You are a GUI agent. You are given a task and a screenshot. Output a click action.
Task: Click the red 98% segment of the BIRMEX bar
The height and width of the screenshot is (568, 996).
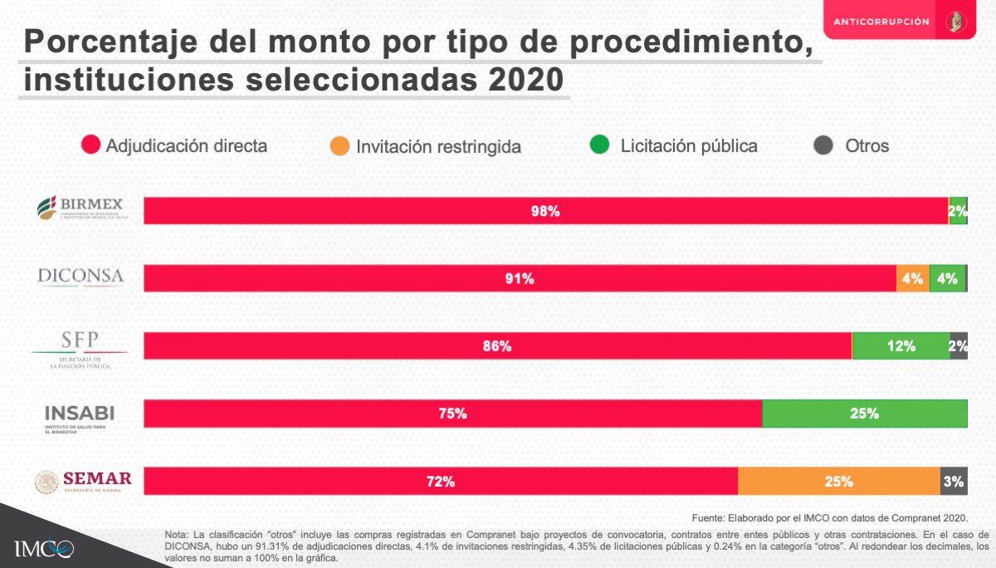(x=545, y=211)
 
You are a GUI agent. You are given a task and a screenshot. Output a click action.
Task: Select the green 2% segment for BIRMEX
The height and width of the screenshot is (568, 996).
(x=959, y=211)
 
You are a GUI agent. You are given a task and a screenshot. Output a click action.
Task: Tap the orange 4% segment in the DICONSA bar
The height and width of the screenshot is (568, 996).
(x=912, y=279)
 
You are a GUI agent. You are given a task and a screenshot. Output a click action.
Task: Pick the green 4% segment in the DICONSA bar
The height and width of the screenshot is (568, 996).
(x=947, y=279)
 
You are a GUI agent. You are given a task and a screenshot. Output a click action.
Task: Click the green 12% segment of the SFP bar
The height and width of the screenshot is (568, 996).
(x=901, y=346)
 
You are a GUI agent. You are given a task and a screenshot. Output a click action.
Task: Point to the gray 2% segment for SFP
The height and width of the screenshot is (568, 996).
(x=959, y=346)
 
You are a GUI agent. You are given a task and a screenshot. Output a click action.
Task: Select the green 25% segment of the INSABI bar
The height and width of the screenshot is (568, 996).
(x=864, y=414)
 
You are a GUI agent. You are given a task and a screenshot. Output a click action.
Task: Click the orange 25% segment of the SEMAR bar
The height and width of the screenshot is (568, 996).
(x=838, y=481)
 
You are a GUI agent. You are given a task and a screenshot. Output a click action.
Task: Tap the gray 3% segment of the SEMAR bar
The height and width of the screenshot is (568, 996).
(x=954, y=481)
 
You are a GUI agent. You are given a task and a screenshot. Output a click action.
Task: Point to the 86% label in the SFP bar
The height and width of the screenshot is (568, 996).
(x=497, y=346)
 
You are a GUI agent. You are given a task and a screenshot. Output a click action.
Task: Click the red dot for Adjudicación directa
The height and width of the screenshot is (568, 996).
(x=91, y=145)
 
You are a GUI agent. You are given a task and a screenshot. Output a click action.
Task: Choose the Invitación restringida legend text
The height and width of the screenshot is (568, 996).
(x=438, y=147)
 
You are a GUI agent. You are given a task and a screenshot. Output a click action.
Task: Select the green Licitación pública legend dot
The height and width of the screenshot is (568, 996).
(x=599, y=145)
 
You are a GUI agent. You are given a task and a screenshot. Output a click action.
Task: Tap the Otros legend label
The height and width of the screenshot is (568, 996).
(x=867, y=146)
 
